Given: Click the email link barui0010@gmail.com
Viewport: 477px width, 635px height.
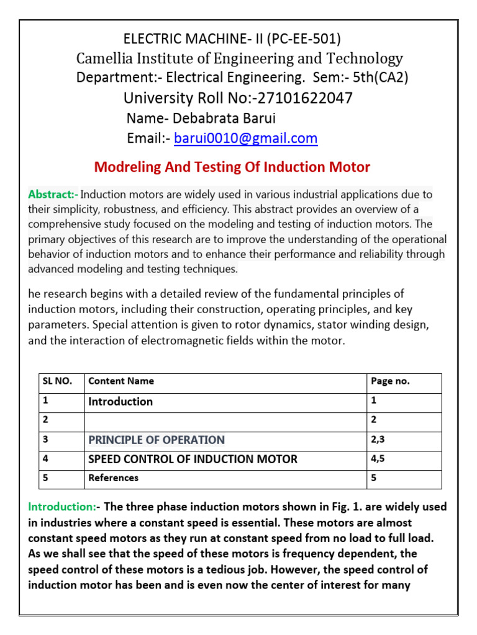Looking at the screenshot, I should tap(246, 138).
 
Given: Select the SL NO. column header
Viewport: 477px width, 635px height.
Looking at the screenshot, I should tap(57, 381).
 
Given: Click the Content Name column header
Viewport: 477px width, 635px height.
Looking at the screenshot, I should tap(121, 381).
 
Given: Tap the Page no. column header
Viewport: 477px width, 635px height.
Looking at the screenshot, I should tap(390, 381).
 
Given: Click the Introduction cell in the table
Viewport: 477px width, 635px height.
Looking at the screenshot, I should tap(120, 401).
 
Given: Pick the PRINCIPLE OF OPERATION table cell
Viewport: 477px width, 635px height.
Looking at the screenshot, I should tap(157, 440).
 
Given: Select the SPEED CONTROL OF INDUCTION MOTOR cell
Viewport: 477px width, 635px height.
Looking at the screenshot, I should tap(193, 459).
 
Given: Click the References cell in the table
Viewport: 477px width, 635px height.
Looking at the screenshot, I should tap(114, 478).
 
